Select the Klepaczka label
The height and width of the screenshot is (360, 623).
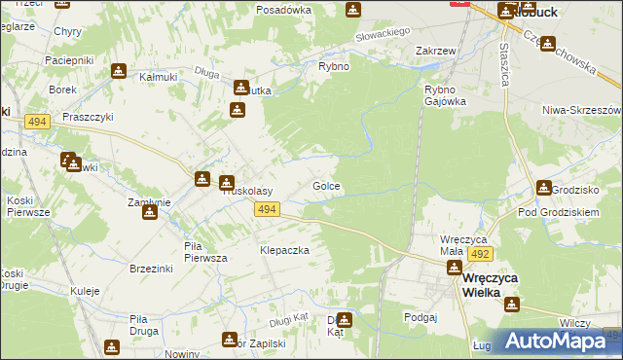(283, 250)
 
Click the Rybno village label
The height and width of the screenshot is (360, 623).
(334, 66)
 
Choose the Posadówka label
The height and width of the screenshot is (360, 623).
(283, 10)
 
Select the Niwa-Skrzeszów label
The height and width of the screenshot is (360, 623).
(583, 110)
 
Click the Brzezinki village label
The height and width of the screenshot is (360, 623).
(151, 269)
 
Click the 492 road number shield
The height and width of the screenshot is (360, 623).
(478, 253)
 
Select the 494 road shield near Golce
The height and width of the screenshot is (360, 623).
(268, 209)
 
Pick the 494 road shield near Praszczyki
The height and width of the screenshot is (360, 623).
(38, 121)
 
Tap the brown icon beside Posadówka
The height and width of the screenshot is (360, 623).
(351, 10)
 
